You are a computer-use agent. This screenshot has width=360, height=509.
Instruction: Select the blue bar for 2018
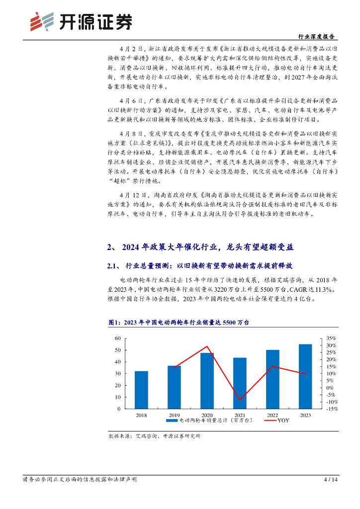(141, 390)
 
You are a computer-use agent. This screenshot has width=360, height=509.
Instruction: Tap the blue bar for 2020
(207, 381)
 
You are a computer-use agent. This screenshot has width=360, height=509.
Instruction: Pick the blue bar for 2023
(305, 376)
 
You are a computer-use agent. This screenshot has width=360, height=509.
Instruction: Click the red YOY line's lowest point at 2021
(240, 400)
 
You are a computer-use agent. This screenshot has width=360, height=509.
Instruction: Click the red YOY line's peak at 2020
(207, 346)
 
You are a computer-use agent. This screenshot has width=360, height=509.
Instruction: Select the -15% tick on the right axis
(332, 409)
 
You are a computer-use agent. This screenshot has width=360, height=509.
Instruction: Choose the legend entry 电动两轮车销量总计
(209, 421)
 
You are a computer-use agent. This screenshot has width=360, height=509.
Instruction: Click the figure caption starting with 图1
(179, 323)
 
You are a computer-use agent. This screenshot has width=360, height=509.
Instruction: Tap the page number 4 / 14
(330, 480)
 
